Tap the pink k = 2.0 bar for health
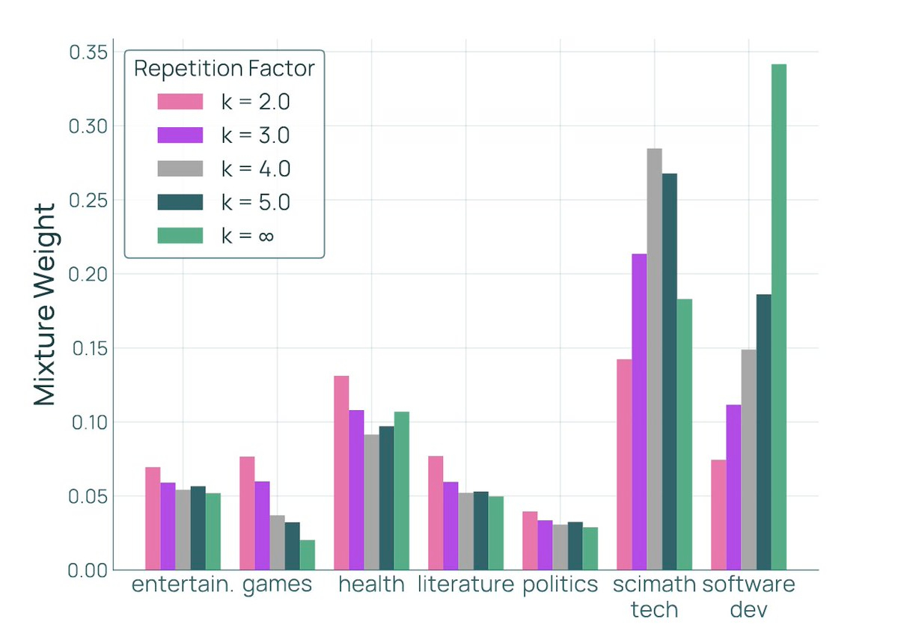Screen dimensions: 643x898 (x=341, y=472)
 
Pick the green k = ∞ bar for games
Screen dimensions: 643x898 (x=308, y=555)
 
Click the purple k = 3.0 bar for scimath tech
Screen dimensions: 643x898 (x=639, y=412)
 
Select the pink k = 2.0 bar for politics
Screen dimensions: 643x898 (x=530, y=540)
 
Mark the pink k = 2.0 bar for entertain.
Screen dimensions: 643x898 (x=153, y=518)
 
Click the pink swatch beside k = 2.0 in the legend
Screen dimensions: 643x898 (x=180, y=101)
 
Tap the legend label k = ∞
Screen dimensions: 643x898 (x=248, y=235)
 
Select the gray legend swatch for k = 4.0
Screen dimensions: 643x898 (x=180, y=168)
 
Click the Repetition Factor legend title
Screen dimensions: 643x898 (x=224, y=68)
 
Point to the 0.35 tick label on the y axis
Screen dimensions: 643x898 (x=88, y=52)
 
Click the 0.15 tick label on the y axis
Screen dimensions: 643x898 (x=88, y=348)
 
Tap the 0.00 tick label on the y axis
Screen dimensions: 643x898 (x=88, y=570)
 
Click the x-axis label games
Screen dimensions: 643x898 (x=277, y=585)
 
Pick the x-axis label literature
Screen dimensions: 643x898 (x=465, y=585)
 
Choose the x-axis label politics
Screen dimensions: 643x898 (x=561, y=585)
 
